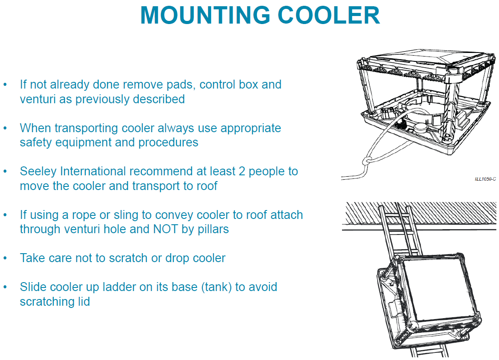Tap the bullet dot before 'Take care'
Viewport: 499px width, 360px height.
(x=5, y=258)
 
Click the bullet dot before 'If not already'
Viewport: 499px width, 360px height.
(x=5, y=85)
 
